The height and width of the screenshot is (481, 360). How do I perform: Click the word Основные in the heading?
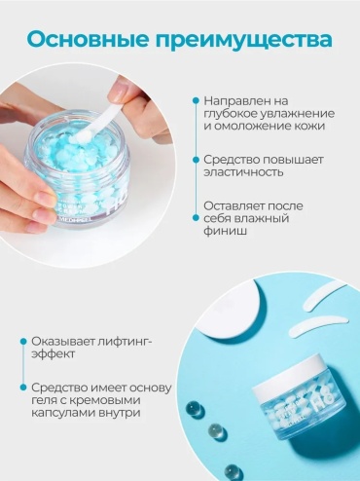[89, 39]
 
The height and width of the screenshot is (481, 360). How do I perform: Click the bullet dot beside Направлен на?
[196, 101]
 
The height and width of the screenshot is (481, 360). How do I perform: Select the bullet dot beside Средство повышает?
[196, 160]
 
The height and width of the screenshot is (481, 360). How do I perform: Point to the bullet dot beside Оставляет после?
[196, 218]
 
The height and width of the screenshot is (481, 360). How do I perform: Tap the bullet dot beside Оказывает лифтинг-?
[23, 341]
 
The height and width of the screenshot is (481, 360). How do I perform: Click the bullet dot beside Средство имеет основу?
[23, 388]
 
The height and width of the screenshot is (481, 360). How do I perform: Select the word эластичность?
[243, 172]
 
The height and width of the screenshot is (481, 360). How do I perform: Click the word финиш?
[225, 231]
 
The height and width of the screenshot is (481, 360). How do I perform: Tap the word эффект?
[53, 353]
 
